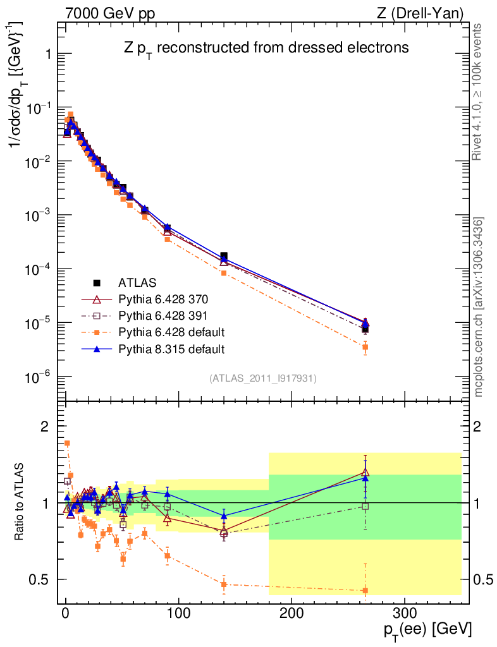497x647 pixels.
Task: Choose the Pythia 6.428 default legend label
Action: click(172, 332)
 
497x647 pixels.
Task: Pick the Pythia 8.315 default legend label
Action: click(172, 348)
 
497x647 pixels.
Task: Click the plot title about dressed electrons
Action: click(266, 47)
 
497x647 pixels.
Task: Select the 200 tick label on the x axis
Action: click(291, 613)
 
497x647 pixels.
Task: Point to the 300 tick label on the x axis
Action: click(403, 613)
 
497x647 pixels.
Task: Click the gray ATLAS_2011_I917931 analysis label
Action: click(263, 378)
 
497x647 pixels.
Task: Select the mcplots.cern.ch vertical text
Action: click(480, 307)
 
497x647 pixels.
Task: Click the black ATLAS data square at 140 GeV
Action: click(224, 257)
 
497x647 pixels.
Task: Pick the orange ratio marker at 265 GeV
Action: click(365, 591)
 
